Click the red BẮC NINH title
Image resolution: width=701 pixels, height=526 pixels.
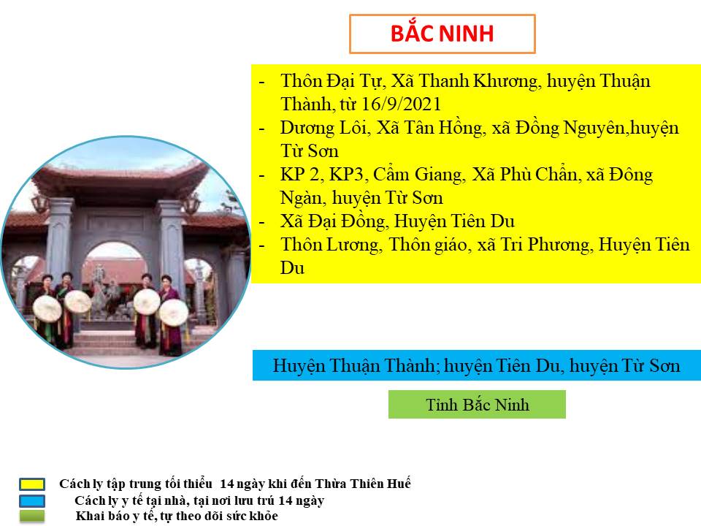(x=443, y=33)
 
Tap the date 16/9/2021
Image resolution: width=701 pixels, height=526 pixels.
(x=401, y=104)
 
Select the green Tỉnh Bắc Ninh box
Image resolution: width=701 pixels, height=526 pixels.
(x=477, y=404)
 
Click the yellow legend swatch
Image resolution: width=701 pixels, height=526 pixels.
(x=32, y=484)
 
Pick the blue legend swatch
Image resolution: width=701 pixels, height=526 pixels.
(x=32, y=500)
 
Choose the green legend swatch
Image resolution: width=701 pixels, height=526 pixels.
(x=32, y=517)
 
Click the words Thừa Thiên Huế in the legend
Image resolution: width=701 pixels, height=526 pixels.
(x=363, y=484)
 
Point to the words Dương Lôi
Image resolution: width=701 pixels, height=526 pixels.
(x=323, y=128)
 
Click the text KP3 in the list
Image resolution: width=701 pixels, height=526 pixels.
(x=347, y=175)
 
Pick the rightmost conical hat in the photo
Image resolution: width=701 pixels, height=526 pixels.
(x=174, y=312)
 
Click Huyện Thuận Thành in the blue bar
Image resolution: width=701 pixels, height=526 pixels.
(x=353, y=366)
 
